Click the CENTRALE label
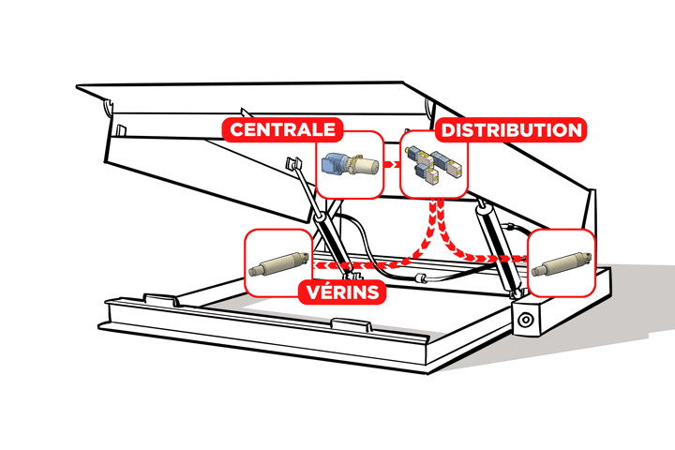tap(281, 129)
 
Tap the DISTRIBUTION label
tap(511, 129)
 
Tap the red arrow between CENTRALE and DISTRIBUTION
tap(393, 165)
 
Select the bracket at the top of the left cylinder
tap(292, 164)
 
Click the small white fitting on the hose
tap(422, 278)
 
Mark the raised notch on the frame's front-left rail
tap(157, 298)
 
